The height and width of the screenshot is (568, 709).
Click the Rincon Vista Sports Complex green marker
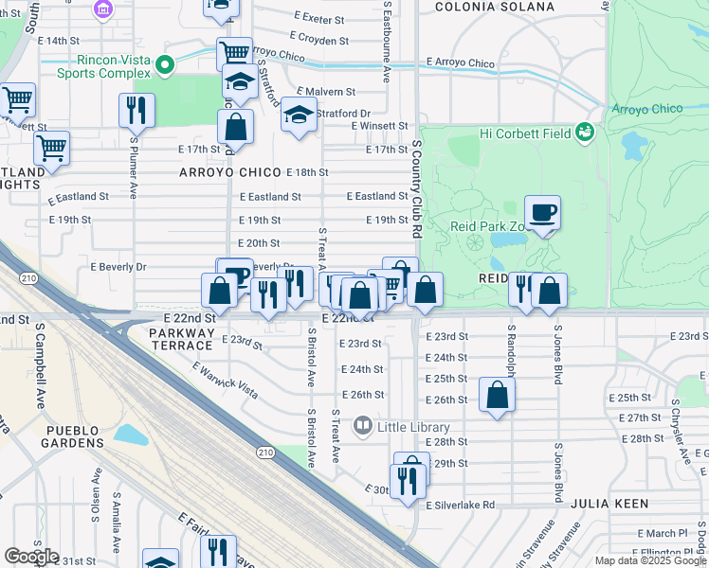click(x=165, y=65)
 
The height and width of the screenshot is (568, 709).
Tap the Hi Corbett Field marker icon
click(x=586, y=133)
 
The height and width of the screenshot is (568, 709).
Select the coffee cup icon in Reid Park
click(x=542, y=212)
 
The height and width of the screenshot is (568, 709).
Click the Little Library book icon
click(x=362, y=427)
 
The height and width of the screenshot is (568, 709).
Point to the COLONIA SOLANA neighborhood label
click(x=494, y=7)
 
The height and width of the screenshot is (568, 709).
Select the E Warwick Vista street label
click(x=225, y=380)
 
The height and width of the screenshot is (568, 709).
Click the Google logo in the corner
click(x=31, y=557)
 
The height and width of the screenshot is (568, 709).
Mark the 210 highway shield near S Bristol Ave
click(x=264, y=453)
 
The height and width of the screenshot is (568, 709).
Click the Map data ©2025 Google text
click(x=650, y=560)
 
